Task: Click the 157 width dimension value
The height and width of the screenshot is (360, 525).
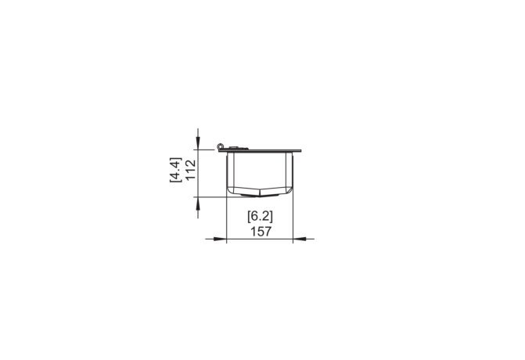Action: point(261,232)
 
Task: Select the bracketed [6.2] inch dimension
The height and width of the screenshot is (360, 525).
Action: point(261,216)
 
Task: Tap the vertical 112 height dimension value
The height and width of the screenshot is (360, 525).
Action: point(190,170)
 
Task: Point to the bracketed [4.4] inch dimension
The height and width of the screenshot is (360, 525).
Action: point(175,170)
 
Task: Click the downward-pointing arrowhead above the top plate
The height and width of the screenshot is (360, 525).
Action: point(198,144)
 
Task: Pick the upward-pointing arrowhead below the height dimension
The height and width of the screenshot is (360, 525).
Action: point(198,203)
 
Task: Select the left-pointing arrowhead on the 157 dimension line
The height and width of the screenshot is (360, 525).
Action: point(300,239)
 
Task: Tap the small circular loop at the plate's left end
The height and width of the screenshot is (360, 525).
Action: point(220,146)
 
